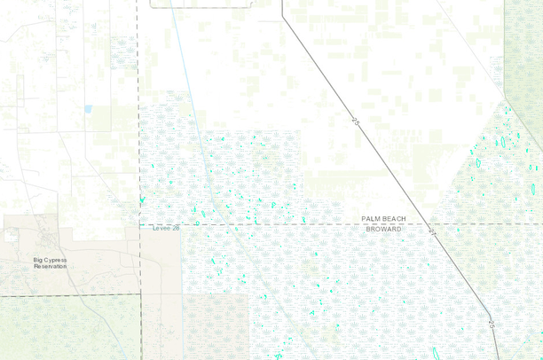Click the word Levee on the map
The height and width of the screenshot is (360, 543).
click(x=161, y=228)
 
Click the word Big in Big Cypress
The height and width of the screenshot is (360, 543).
click(x=38, y=260)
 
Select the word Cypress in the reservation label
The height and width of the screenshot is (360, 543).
click(x=57, y=260)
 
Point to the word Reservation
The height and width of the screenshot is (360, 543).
click(x=51, y=266)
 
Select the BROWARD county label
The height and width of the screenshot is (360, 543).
click(x=384, y=229)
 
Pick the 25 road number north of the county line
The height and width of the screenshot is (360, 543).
click(x=356, y=118)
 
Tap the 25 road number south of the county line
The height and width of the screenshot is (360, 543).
click(x=489, y=325)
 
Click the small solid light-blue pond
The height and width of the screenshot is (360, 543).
click(x=87, y=109)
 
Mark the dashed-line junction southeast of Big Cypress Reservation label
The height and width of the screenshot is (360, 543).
click(x=141, y=293)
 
